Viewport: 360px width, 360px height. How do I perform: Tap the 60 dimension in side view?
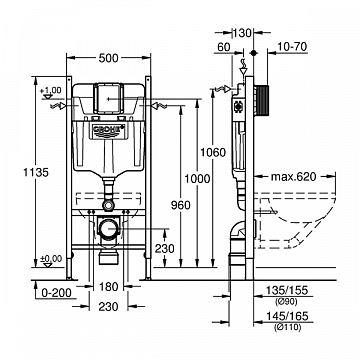tap(222, 47)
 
